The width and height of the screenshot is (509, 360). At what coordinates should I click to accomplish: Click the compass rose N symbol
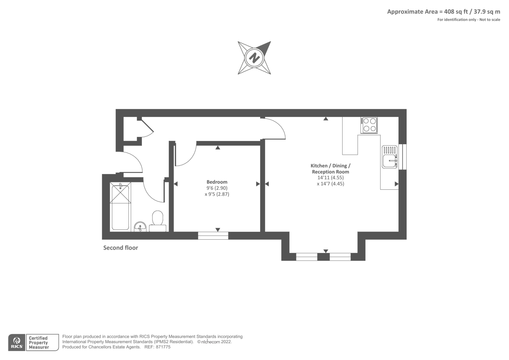254,58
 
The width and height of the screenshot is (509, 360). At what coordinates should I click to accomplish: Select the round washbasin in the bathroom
140,227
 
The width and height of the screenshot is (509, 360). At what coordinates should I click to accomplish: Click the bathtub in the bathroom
120,206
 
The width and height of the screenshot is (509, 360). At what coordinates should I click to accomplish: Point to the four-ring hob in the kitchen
369,125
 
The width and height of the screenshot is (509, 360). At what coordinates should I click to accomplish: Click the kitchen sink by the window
390,157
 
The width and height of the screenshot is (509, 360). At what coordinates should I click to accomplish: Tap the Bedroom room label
217,182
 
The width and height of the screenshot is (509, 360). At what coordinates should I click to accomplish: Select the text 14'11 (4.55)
331,178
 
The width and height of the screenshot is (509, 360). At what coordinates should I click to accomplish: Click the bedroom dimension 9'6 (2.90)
217,188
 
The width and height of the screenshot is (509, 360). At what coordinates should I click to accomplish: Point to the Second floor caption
121,248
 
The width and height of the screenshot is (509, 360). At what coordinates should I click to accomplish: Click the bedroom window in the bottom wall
213,236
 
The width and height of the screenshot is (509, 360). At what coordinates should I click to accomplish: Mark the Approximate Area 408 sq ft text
443,12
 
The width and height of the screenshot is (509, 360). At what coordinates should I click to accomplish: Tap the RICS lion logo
17,342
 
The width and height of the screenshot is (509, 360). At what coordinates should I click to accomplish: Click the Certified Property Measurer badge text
38,342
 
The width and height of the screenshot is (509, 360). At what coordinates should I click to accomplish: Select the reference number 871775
163,347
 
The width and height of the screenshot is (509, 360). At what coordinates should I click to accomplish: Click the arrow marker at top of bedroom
218,148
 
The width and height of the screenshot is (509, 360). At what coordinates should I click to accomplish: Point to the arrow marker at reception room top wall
326,119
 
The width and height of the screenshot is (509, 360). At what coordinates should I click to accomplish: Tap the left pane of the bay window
307,257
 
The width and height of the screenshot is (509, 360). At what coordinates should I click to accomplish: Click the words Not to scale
490,20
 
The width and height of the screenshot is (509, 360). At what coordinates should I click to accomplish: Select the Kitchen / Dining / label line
331,166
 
